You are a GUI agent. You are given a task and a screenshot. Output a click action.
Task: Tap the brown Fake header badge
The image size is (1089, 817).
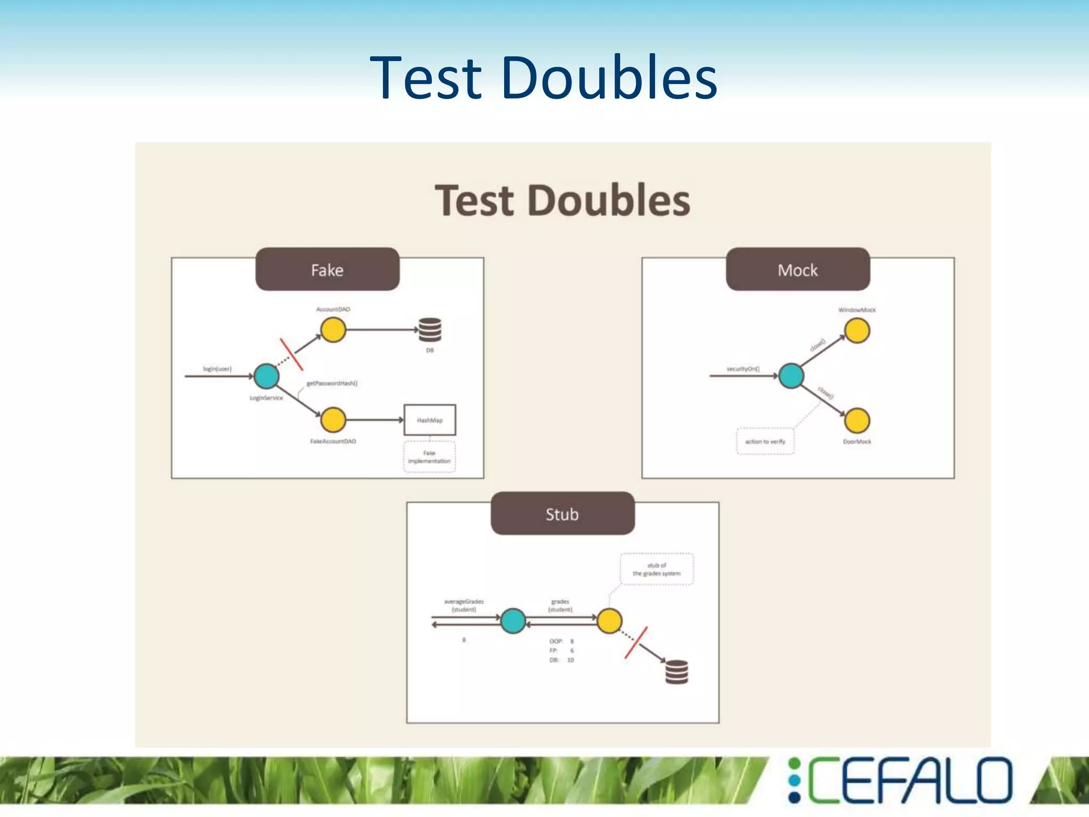pos(327,269)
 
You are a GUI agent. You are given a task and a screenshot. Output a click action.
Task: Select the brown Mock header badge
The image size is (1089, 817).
pos(798,269)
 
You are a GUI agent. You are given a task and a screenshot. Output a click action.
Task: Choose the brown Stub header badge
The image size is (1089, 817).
pos(562,513)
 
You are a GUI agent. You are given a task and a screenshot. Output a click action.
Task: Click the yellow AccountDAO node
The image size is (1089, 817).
pos(333,330)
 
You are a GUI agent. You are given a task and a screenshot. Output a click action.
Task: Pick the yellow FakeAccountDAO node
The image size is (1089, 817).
pos(333,420)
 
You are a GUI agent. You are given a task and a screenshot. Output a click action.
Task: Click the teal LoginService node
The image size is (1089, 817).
pos(266,376)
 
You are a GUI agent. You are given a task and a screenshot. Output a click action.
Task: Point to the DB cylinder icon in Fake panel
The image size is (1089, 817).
pos(430,330)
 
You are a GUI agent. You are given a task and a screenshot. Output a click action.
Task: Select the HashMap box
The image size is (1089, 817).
pos(430,420)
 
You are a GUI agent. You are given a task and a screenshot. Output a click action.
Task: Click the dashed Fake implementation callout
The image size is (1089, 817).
pos(430,457)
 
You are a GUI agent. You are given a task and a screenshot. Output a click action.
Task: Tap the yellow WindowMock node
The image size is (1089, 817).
pos(857,331)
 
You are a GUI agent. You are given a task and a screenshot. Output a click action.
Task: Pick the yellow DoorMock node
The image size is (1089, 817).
pos(857,420)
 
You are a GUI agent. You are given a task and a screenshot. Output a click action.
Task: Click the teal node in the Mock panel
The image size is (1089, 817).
pos(791,376)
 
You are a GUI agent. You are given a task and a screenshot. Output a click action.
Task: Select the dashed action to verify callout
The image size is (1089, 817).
pos(765,441)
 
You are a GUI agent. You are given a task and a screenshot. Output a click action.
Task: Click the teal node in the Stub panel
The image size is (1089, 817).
pos(513,621)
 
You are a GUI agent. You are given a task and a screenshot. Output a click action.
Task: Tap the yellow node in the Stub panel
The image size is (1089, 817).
pos(609,621)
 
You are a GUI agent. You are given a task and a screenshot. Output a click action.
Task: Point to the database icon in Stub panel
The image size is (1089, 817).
pos(677,671)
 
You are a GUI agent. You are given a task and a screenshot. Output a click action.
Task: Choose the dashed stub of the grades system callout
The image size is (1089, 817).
pos(657,569)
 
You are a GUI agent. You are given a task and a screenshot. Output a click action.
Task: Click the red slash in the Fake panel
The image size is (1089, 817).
pos(291,354)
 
